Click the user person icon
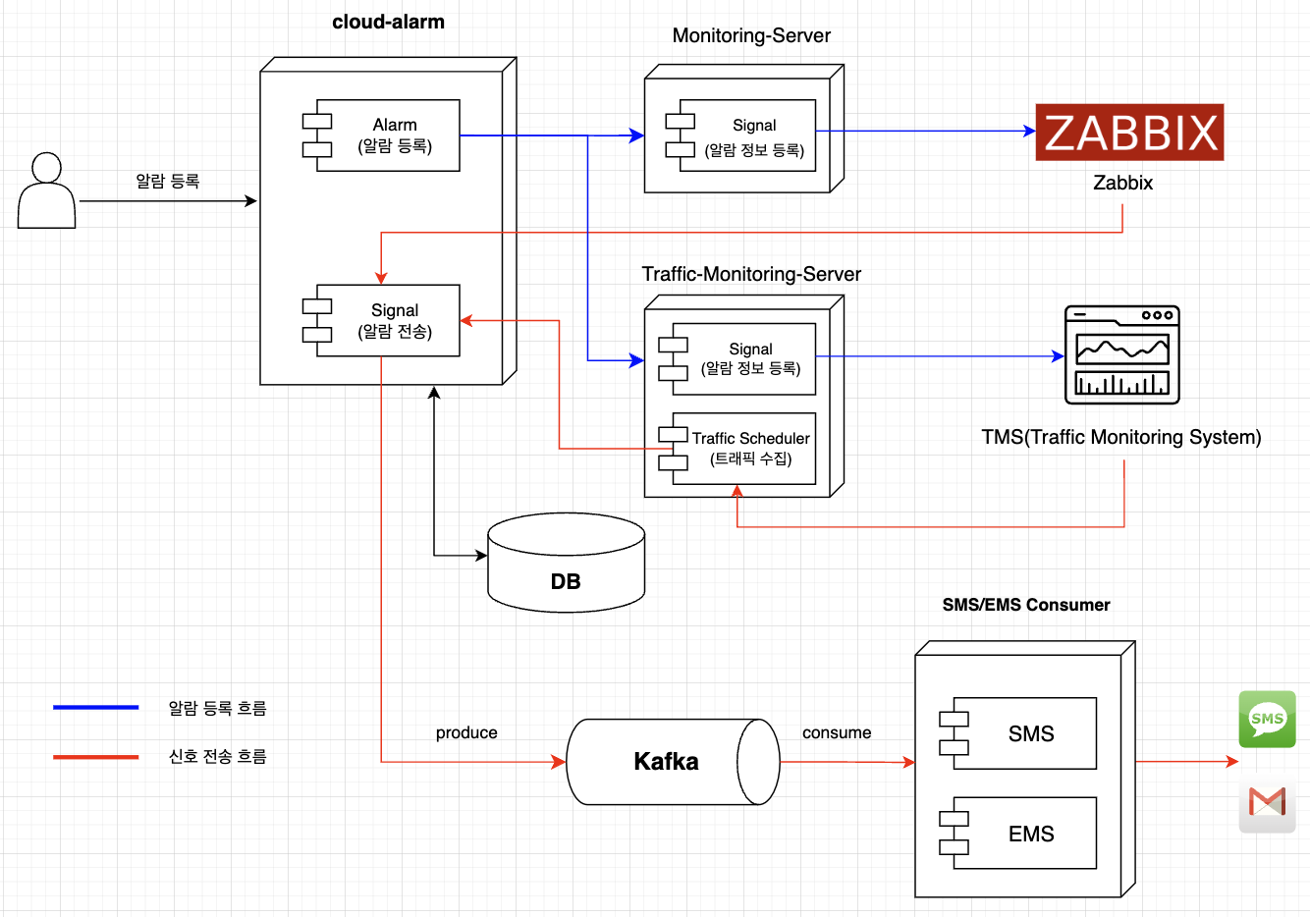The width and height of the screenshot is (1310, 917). pyautogui.click(x=46, y=191)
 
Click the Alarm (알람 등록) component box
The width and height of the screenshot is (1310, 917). pyautogui.click(x=387, y=135)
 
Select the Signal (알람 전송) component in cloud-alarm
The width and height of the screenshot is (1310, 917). pyautogui.click(x=387, y=321)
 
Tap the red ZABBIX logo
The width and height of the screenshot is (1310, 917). pyautogui.click(x=1129, y=133)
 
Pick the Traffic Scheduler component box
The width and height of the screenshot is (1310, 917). pyautogui.click(x=743, y=449)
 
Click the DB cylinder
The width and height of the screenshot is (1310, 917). pyautogui.click(x=566, y=564)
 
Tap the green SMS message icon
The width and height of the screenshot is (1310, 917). pyautogui.click(x=1267, y=719)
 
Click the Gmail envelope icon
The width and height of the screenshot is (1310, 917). pyautogui.click(x=1267, y=803)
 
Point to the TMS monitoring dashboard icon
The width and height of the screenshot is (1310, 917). pyautogui.click(x=1122, y=355)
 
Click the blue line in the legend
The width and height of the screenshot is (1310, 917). pyautogui.click(x=95, y=707)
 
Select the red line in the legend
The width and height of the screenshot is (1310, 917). pyautogui.click(x=95, y=757)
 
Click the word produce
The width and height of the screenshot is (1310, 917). pyautogui.click(x=466, y=732)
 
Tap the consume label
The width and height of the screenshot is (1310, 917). pyautogui.click(x=837, y=732)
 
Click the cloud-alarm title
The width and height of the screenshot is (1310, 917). pyautogui.click(x=388, y=22)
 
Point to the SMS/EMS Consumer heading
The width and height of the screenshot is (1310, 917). pyautogui.click(x=1026, y=605)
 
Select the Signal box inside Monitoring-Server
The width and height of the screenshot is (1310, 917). pyautogui.click(x=746, y=135)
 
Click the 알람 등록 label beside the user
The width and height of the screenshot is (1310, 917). pyautogui.click(x=167, y=181)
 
